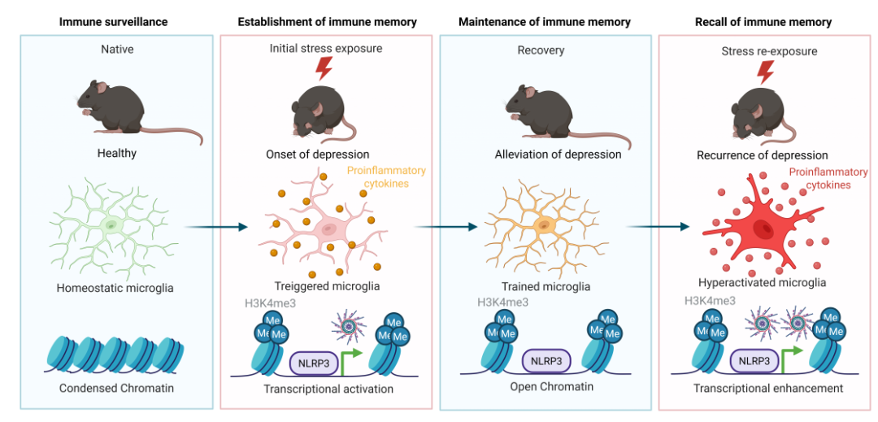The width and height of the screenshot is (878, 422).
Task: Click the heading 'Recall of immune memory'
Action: coord(763,20)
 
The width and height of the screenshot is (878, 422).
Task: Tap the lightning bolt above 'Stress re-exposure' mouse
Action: coord(766,72)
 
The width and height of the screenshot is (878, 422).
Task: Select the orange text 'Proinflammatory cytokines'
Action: coord(387,178)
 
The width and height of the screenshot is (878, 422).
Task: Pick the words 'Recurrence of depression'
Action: coord(763,155)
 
